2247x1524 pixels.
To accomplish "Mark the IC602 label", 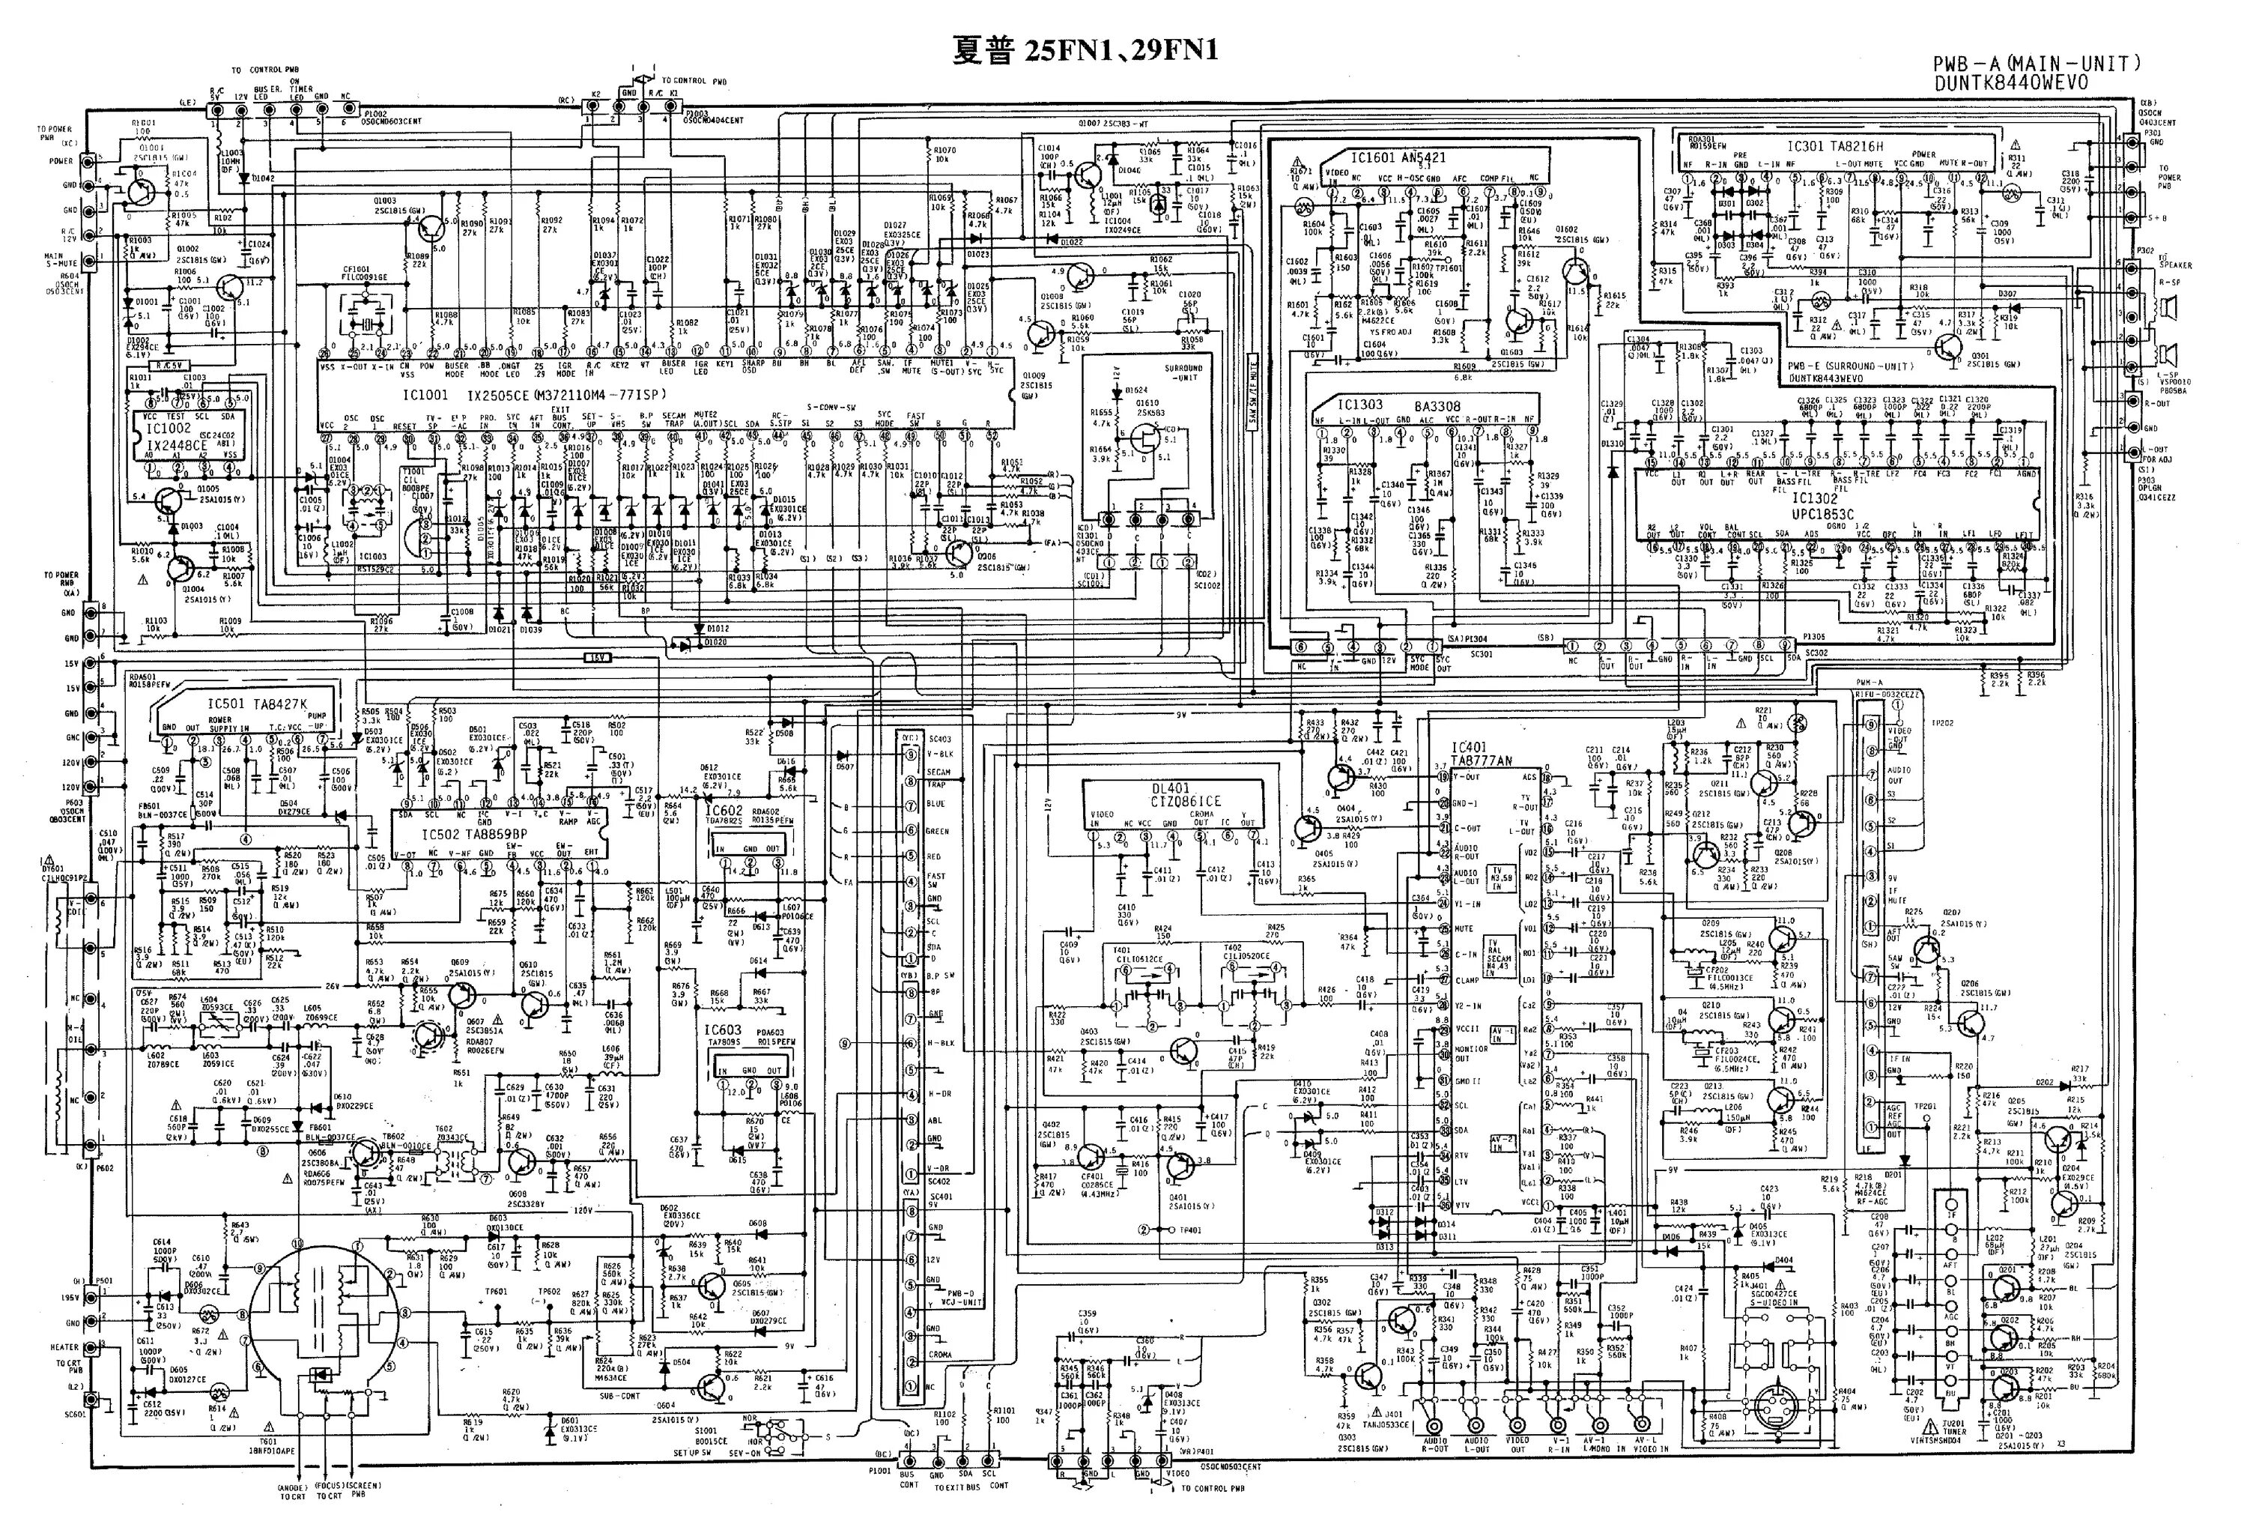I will click(724, 811).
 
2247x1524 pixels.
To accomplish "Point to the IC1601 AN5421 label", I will click(1386, 156).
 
